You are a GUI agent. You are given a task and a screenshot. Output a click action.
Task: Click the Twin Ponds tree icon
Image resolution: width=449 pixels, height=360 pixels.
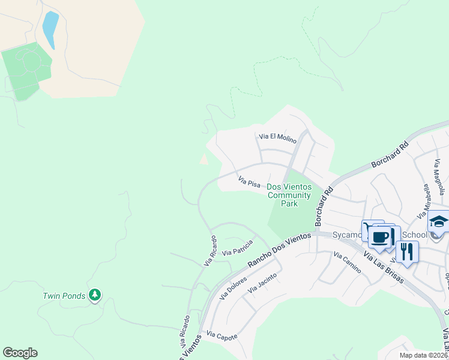[94, 295]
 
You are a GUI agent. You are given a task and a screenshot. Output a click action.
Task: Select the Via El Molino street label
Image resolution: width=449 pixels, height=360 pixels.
[277, 138]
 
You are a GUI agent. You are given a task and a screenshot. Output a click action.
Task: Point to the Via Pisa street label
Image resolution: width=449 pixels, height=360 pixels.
[249, 181]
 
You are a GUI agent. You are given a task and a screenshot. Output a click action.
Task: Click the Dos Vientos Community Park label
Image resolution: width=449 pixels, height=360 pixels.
[289, 196]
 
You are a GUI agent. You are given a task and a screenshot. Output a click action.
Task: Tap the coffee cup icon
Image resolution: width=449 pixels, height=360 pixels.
[380, 236]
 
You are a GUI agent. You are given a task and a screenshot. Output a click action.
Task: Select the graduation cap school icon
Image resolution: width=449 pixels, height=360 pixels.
[438, 222]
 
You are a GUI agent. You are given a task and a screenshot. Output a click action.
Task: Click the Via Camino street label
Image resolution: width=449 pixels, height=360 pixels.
[348, 263]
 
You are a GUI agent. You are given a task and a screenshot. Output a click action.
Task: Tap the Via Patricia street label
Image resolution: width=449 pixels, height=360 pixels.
[237, 248]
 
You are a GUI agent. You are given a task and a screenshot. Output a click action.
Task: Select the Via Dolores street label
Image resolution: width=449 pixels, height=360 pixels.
[234, 287]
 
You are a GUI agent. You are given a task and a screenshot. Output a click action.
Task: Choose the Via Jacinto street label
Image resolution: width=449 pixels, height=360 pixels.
[262, 282]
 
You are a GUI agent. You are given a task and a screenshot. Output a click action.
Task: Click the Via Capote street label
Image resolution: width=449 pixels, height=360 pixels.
[221, 334]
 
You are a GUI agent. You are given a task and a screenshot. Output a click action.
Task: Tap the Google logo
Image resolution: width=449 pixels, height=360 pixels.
[20, 353]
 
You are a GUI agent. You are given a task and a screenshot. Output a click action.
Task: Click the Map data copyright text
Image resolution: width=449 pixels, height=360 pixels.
[423, 355]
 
